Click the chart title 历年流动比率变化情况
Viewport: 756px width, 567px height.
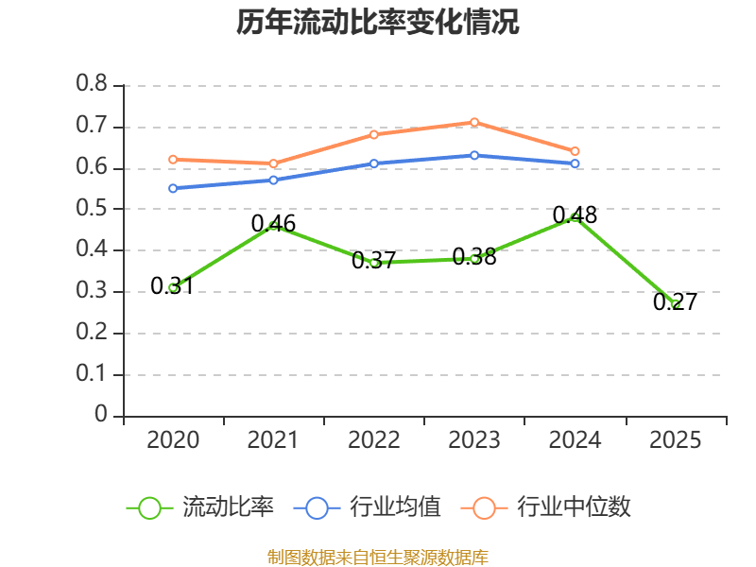[377, 22]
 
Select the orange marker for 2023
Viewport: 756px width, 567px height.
[474, 123]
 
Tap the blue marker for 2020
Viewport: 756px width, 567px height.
[173, 188]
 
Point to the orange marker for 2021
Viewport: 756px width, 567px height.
[273, 163]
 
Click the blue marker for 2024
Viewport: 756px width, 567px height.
[575, 163]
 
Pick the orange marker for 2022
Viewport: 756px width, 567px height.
[374, 134]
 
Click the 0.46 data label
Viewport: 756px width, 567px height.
[273, 224]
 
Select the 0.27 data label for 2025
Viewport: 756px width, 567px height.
[675, 302]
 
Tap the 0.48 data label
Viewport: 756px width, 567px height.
[575, 215]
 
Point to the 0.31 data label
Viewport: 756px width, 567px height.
[172, 285]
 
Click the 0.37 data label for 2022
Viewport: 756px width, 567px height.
[373, 261]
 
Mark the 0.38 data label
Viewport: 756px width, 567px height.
[474, 256]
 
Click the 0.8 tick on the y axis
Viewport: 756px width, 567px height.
[92, 84]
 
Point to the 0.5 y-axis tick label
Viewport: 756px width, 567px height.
[92, 208]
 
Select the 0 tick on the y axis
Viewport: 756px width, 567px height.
[101, 414]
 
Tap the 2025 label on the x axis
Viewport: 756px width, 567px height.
[675, 439]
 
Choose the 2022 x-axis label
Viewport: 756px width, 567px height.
[374, 439]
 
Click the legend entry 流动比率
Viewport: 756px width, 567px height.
[200, 507]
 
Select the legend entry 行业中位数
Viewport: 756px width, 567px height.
[546, 507]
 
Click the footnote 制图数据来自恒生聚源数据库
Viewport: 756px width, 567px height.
[378, 557]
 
